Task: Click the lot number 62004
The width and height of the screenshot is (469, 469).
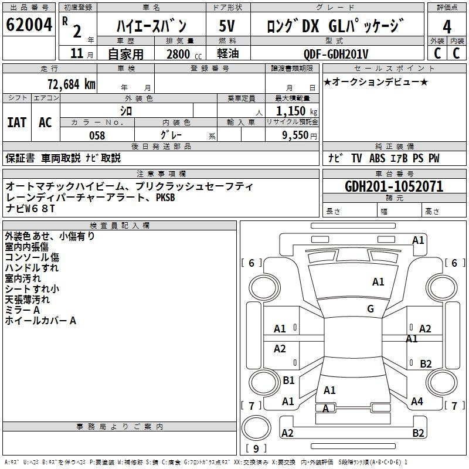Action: (29, 25)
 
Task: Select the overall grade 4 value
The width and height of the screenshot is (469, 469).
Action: (447, 27)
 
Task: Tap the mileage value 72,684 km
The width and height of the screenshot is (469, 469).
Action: (72, 84)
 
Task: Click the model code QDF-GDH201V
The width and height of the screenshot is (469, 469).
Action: (335, 54)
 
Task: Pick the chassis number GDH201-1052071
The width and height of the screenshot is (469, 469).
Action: (394, 186)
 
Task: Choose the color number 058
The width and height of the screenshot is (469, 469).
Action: (97, 135)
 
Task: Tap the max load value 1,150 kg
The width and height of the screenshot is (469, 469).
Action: (297, 111)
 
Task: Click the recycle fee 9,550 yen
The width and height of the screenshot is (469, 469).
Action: (300, 135)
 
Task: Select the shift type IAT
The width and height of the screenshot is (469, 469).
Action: (17, 123)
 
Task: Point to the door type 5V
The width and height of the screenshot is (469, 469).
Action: (227, 26)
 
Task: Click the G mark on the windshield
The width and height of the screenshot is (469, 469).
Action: (371, 309)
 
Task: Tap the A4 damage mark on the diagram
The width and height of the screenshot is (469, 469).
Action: (417, 402)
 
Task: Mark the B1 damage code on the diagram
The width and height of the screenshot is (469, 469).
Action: (288, 380)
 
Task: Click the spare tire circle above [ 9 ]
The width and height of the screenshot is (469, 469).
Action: (256, 428)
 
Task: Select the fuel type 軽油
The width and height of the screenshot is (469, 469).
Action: (228, 53)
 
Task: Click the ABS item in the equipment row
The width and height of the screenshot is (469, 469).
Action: (377, 158)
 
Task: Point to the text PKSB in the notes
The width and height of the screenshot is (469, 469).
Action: (165, 198)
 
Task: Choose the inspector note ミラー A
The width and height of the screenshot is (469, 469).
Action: (22, 310)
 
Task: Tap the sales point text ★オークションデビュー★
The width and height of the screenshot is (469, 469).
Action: (376, 82)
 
